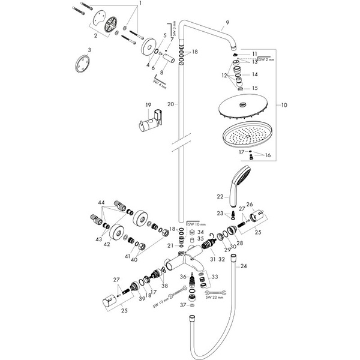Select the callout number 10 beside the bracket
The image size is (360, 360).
(284, 104)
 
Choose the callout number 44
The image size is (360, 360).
(101, 202)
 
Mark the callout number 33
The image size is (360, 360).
(215, 277)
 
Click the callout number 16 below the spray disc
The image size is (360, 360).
(268, 155)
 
